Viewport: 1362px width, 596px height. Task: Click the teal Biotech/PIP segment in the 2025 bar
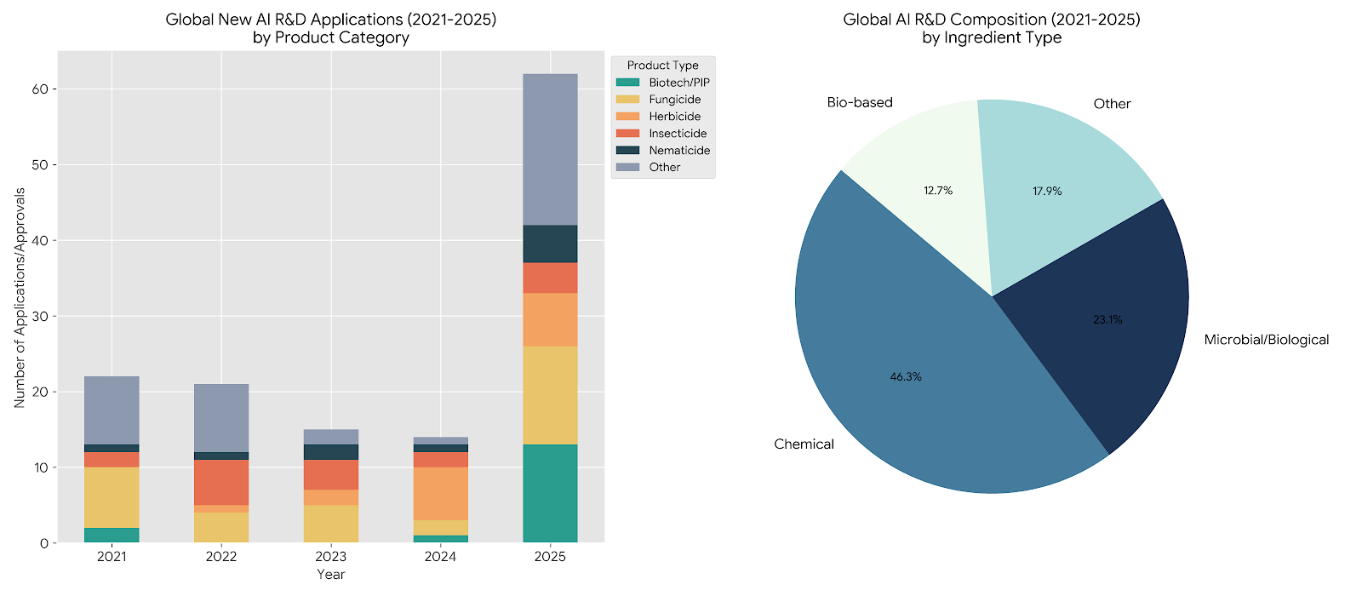tap(550, 493)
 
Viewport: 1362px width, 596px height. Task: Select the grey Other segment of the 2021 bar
tap(112, 410)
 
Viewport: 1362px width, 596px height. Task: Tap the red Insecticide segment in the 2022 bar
tap(221, 483)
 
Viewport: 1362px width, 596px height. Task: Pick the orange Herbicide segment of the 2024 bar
tap(440, 493)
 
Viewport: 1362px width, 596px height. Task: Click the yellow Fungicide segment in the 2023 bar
tap(331, 524)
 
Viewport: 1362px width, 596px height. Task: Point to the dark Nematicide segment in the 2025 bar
tap(550, 244)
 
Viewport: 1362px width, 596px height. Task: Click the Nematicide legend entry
tap(678, 151)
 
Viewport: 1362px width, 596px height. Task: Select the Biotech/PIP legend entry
tap(678, 83)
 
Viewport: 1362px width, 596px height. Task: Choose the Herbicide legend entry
tap(674, 117)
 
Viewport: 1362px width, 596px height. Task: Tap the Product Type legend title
tap(662, 66)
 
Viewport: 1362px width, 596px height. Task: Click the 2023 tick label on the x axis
tap(331, 557)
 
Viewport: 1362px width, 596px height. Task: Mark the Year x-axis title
tap(331, 575)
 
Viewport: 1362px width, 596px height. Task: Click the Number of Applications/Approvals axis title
tap(20, 297)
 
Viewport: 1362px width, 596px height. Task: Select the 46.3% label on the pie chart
tap(906, 376)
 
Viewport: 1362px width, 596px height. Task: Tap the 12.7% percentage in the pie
tap(938, 191)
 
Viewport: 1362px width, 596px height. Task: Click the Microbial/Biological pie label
tap(1266, 340)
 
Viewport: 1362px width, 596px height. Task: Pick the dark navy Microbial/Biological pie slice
tap(1107, 341)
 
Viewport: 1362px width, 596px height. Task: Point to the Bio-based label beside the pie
tap(860, 102)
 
